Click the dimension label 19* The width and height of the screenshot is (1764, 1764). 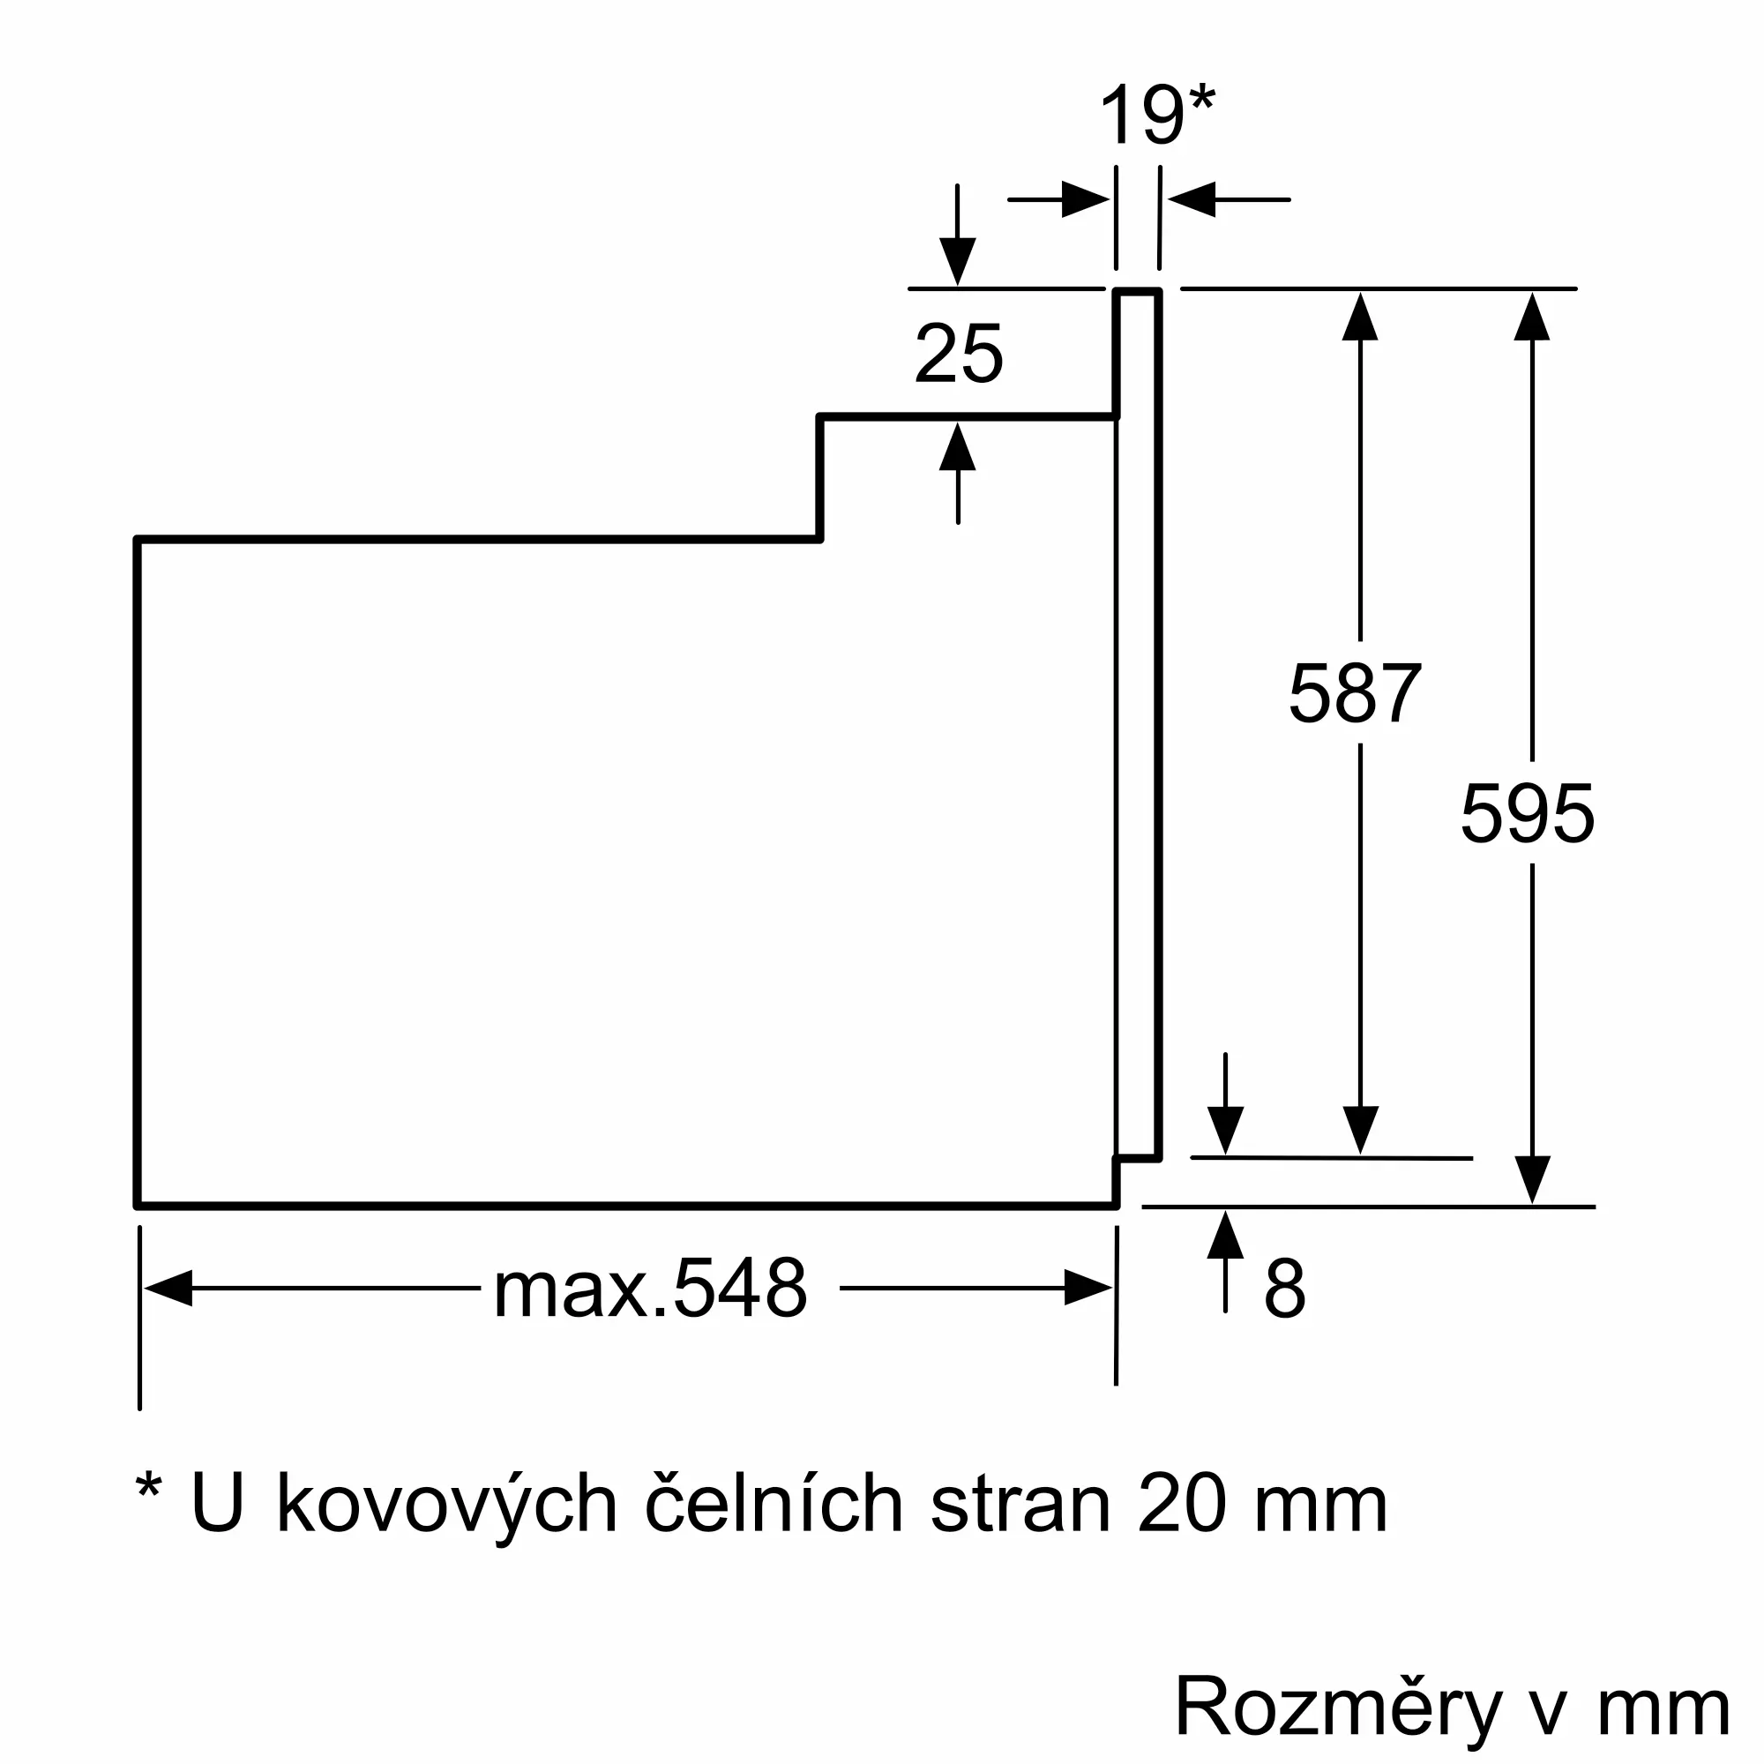pyautogui.click(x=1156, y=116)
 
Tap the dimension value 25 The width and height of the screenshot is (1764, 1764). pyautogui.click(x=959, y=355)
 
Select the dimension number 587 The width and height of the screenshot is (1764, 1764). pyautogui.click(x=1355, y=694)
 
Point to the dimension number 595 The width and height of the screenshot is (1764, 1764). pyautogui.click(x=1528, y=813)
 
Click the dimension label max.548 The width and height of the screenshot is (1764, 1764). pyautogui.click(x=650, y=1289)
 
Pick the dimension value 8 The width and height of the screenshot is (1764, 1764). pyautogui.click(x=1285, y=1289)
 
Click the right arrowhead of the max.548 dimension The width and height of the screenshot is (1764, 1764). pyautogui.click(x=1088, y=1288)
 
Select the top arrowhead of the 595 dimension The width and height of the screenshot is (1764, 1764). pyautogui.click(x=1532, y=317)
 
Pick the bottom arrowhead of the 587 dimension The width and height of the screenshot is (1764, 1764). pyautogui.click(x=1360, y=1130)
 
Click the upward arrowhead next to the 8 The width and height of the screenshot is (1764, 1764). pyautogui.click(x=1225, y=1236)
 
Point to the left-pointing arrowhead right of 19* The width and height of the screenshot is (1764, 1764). pyautogui.click(x=1192, y=199)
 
